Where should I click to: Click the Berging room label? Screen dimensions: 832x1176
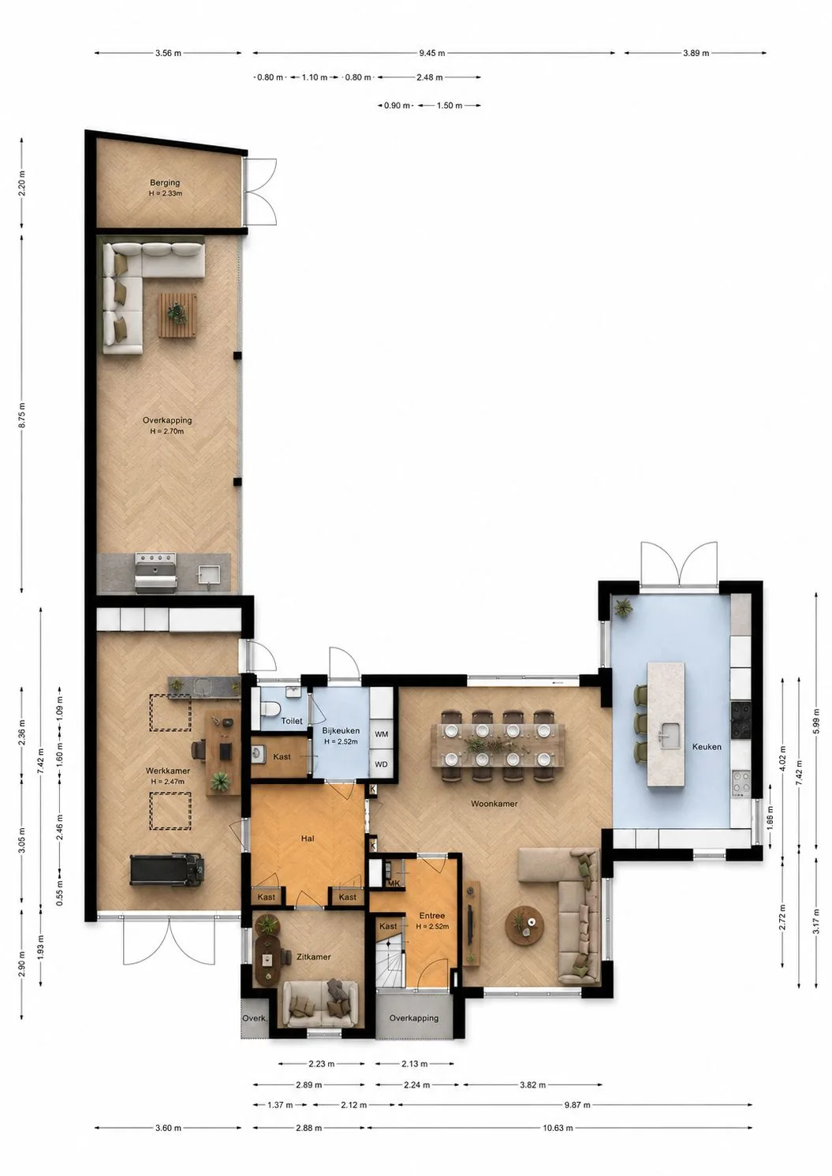pyautogui.click(x=165, y=183)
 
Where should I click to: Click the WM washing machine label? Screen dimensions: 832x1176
pyautogui.click(x=382, y=734)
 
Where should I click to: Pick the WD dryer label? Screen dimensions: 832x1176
pyautogui.click(x=382, y=764)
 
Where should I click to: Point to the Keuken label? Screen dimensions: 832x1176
pyautogui.click(x=707, y=747)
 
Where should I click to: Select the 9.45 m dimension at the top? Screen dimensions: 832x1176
pyautogui.click(x=432, y=53)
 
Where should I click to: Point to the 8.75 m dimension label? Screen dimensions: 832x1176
pyautogui.click(x=21, y=416)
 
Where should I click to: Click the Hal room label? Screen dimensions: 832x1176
pyautogui.click(x=308, y=838)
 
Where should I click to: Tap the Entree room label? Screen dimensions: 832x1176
pyautogui.click(x=432, y=916)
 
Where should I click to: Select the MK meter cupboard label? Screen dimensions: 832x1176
pyautogui.click(x=394, y=883)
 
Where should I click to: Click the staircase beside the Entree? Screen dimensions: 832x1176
pyautogui.click(x=390, y=962)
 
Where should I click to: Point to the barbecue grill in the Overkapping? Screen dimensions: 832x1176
pyautogui.click(x=156, y=573)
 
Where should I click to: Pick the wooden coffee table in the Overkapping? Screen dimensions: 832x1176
pyautogui.click(x=177, y=315)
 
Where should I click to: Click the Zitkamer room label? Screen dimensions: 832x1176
pyautogui.click(x=313, y=957)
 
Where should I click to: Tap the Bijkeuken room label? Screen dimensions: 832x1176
pyautogui.click(x=341, y=731)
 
